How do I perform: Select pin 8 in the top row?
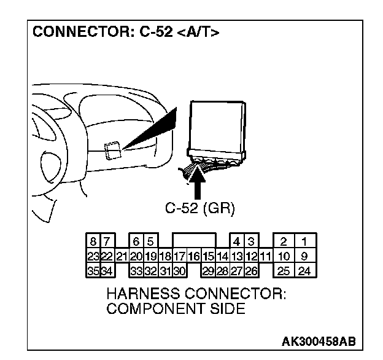point(92,241)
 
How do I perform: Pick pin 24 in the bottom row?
point(303,268)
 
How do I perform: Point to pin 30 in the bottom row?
point(180,268)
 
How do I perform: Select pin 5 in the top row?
point(149,241)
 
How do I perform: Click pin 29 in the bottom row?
point(208,268)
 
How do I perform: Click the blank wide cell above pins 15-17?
point(194,241)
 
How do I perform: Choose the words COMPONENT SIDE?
point(176,308)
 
